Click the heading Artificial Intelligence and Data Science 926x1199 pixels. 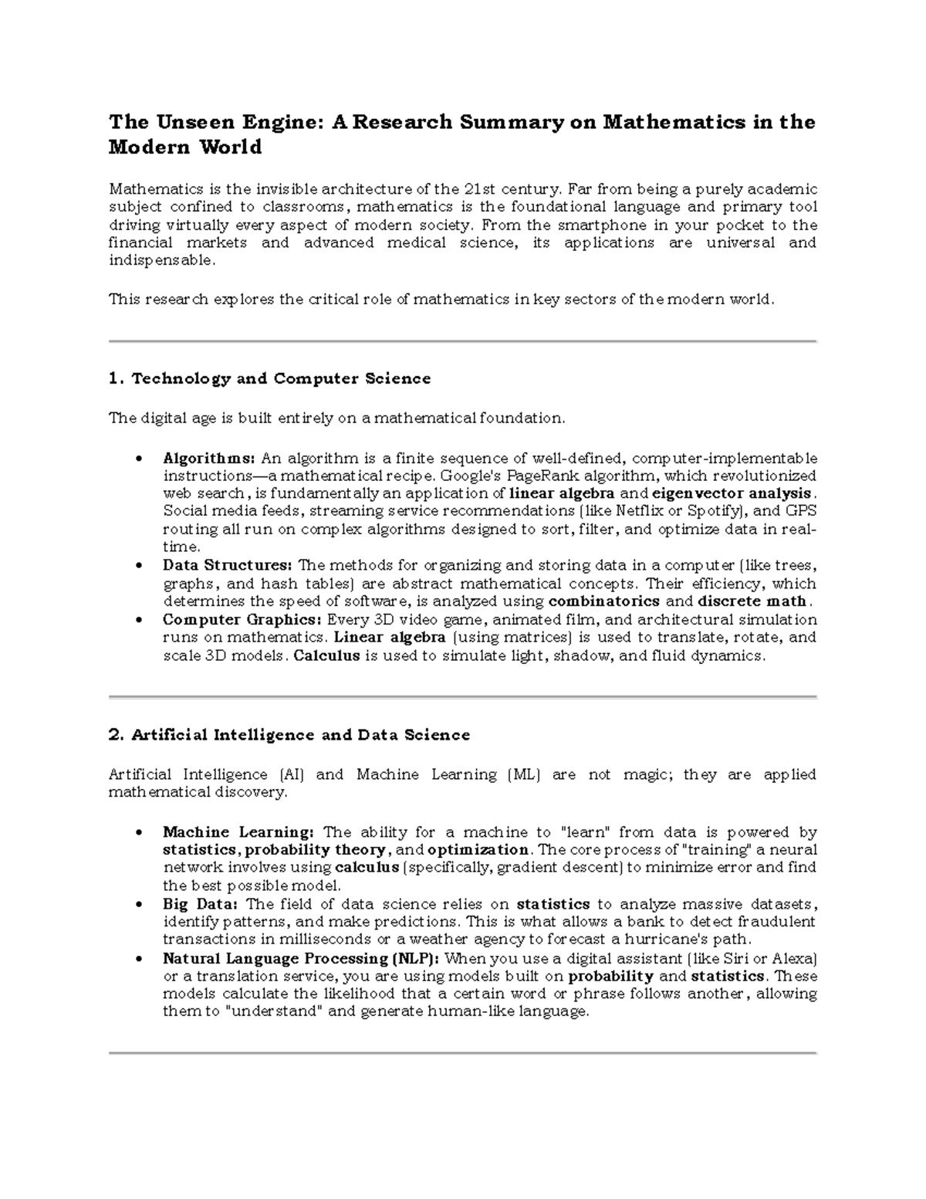tap(289, 735)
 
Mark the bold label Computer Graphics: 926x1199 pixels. tap(242, 620)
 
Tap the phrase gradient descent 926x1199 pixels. tap(561, 868)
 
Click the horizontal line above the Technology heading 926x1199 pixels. tap(462, 340)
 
